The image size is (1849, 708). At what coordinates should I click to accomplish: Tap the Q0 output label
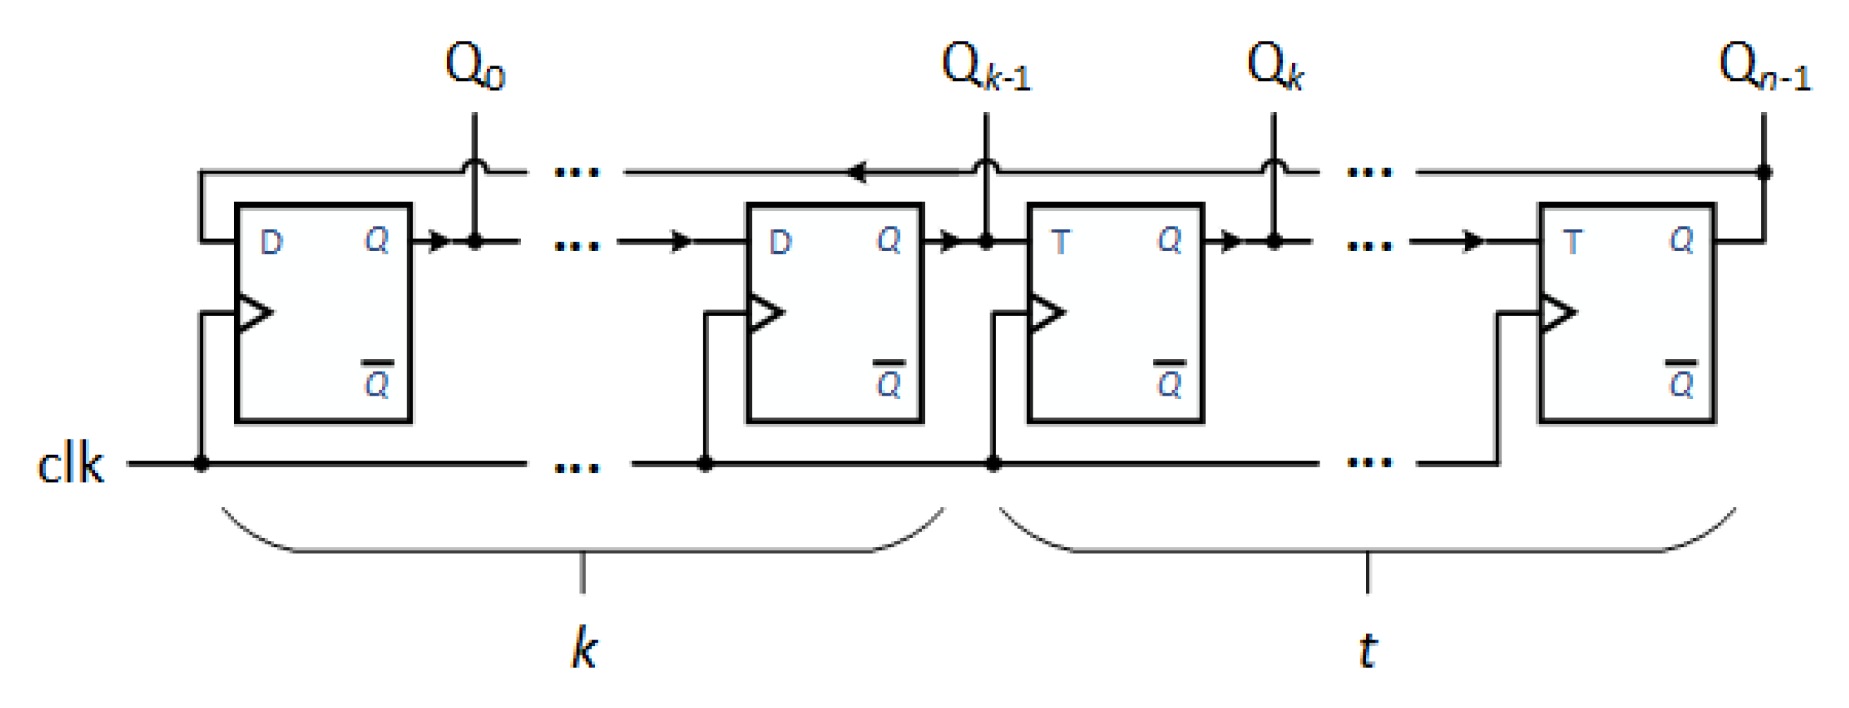(x=474, y=66)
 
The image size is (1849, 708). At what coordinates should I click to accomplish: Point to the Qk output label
(x=1274, y=66)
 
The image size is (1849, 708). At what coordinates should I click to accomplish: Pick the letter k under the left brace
(x=584, y=647)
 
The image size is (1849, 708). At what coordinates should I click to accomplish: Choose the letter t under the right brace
(x=1368, y=650)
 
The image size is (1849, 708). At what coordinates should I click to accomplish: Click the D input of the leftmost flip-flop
(x=271, y=243)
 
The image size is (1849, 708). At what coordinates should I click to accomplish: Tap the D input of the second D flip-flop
(x=780, y=243)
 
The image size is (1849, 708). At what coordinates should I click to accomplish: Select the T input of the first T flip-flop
(x=1060, y=243)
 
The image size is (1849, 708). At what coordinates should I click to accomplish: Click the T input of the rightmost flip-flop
(x=1572, y=243)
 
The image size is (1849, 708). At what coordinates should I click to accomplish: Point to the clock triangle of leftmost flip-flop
(x=253, y=313)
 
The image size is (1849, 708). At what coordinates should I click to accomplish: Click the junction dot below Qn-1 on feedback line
(x=1764, y=172)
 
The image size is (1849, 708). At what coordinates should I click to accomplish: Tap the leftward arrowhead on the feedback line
(x=856, y=172)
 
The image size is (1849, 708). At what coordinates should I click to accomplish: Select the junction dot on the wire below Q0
(x=474, y=242)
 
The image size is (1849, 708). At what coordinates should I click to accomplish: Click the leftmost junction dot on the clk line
(x=202, y=464)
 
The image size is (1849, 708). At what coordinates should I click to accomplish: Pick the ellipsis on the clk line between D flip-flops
(x=577, y=468)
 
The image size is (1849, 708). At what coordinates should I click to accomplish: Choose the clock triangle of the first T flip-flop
(x=1046, y=313)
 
